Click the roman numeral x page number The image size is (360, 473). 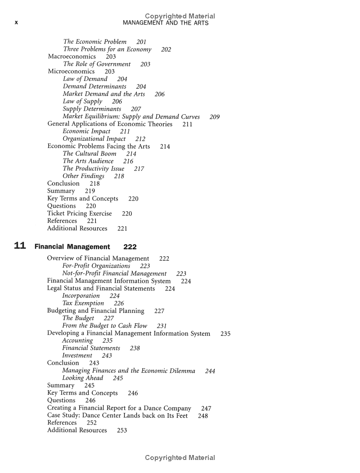pos(16,23)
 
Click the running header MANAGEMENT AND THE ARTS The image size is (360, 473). pos(166,23)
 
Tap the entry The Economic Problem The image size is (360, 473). pos(95,42)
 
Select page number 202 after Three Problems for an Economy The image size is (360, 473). pos(166,49)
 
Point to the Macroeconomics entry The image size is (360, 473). pos(72,57)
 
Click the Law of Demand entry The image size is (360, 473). pos(85,79)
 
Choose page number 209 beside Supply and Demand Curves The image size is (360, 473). pos(215,117)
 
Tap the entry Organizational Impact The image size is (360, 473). pos(94,139)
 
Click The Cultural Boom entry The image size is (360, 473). pos(90,154)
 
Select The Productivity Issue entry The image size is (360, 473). pos(94,169)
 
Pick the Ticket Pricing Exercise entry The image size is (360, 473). pos(80,214)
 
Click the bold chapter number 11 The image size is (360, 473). pos(19,246)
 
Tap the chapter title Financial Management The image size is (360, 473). pos(72,247)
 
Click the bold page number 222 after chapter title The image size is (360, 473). pos(130,247)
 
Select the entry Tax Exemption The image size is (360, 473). pos(83,303)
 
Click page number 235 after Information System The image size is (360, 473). pos(225,334)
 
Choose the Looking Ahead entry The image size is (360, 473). pos(82,378)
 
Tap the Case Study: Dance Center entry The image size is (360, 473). pos(117,416)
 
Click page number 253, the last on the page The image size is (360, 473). pos(122,431)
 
